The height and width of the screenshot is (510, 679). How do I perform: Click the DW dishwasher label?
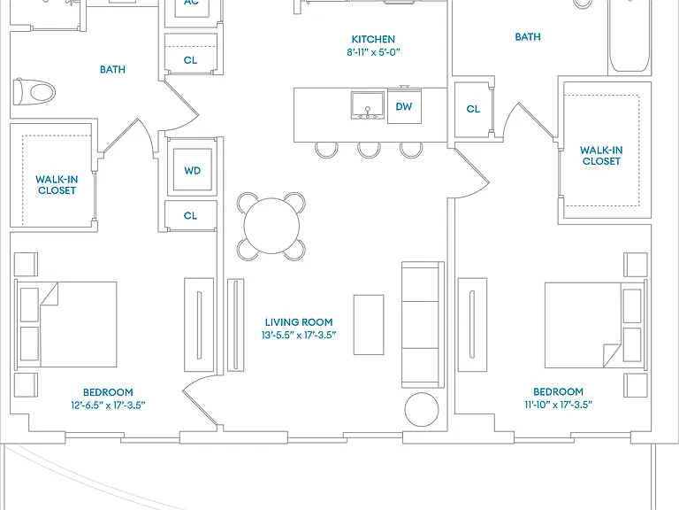click(x=403, y=106)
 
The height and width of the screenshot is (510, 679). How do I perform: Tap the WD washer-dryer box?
click(x=192, y=170)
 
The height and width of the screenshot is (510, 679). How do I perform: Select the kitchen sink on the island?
click(x=367, y=105)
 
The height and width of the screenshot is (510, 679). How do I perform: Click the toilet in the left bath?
click(x=34, y=92)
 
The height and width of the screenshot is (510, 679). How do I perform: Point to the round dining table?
click(x=271, y=226)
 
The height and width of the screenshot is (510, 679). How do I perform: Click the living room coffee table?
click(x=369, y=325)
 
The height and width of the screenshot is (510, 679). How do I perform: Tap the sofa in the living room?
click(x=423, y=324)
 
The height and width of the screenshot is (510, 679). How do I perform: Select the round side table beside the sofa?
click(x=422, y=409)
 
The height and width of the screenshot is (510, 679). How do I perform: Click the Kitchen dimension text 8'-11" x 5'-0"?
click(x=373, y=52)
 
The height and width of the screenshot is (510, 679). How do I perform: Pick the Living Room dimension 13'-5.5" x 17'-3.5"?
click(x=299, y=335)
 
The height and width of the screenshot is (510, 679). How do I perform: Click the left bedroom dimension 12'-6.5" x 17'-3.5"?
click(x=108, y=405)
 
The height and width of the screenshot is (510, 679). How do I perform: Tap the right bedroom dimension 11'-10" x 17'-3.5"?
click(x=558, y=405)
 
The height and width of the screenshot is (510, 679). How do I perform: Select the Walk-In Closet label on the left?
click(x=57, y=185)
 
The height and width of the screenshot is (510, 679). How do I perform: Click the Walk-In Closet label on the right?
click(x=601, y=156)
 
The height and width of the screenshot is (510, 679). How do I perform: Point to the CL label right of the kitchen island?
click(x=473, y=109)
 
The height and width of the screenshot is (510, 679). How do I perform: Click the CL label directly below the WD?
click(x=190, y=215)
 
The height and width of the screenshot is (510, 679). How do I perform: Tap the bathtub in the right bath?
click(x=629, y=37)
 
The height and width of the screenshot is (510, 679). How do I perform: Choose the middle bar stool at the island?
click(x=369, y=150)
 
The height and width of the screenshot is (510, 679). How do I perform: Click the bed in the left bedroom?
click(x=65, y=325)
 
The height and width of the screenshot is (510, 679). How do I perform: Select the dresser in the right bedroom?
click(x=472, y=325)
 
